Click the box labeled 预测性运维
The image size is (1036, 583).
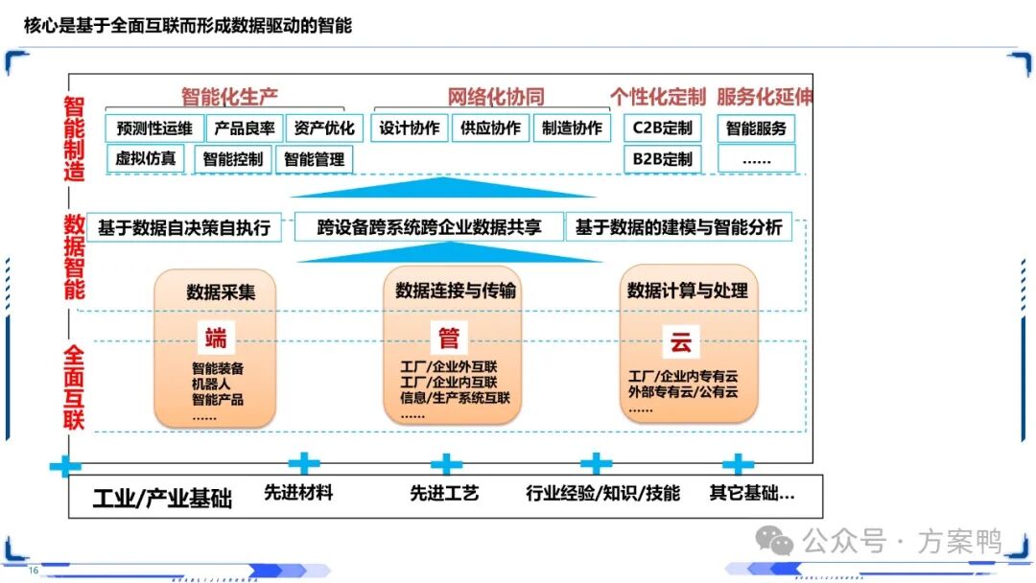154,128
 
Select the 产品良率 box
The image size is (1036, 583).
245,128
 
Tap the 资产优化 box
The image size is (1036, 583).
324,128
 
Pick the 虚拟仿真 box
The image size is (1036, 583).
146,159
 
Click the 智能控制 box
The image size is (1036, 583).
233,160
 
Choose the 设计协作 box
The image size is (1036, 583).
410,128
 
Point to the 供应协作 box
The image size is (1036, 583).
490,128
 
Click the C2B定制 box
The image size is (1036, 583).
662,128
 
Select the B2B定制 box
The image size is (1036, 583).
662,159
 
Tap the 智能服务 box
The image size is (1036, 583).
756,128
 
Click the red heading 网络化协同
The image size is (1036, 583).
496,97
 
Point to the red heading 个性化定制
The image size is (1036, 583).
658,97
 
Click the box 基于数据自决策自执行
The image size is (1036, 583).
184,228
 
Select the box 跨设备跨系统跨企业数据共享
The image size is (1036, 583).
429,228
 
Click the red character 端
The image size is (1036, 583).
215,338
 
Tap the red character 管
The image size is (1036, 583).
449,338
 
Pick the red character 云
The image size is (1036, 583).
680,340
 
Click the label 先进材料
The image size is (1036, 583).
298,493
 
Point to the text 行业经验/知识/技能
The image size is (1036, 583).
603,493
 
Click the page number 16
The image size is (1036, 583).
34,571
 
